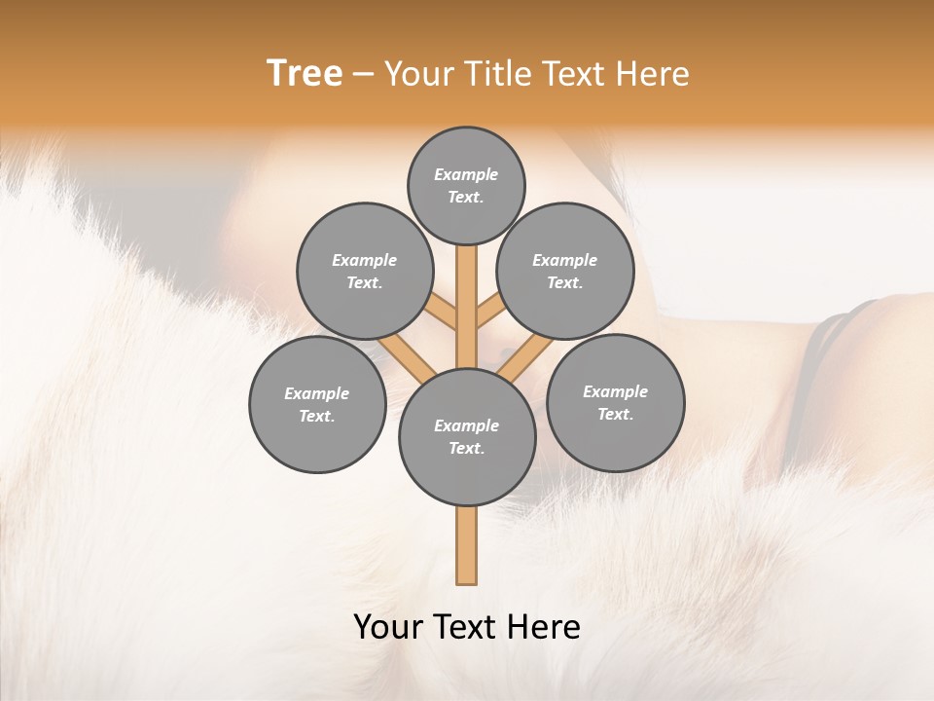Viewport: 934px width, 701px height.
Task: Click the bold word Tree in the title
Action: [x=305, y=74]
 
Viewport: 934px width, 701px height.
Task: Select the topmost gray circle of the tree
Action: [x=466, y=185]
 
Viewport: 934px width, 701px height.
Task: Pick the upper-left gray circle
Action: [x=364, y=271]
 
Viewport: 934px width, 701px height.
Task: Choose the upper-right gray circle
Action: [x=565, y=271]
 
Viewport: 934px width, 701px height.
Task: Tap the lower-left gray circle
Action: [x=317, y=404]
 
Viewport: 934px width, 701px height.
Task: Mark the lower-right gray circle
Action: [x=615, y=402]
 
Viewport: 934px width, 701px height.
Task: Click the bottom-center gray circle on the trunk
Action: [x=467, y=436]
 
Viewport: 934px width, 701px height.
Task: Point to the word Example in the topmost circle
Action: [x=466, y=175]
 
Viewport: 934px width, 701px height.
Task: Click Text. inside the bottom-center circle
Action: [x=466, y=448]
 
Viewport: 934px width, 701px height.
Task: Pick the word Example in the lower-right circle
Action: [x=615, y=391]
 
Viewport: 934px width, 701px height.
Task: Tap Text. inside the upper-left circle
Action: [x=364, y=282]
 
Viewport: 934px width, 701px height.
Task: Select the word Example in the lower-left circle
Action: [x=317, y=393]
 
